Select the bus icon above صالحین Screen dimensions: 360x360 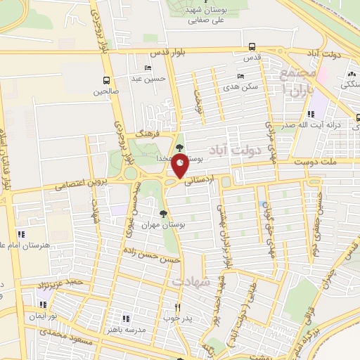coord(106,79)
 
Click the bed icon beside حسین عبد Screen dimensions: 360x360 coord(147,68)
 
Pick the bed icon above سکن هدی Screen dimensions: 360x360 coord(241,76)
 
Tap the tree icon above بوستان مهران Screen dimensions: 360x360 coord(164,213)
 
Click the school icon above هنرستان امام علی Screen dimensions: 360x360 coord(21,233)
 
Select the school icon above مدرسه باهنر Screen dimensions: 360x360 coord(125,317)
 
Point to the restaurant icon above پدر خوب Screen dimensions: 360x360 coord(178,307)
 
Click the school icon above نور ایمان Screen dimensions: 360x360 coord(42,304)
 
